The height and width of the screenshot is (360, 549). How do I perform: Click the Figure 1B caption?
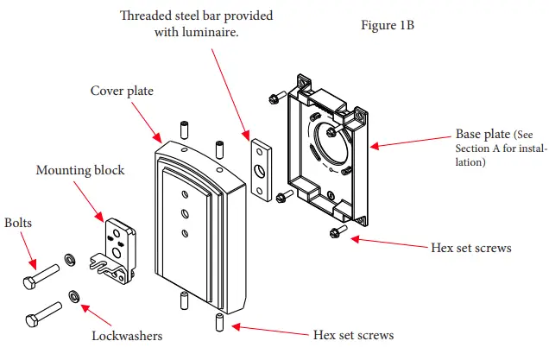[x=388, y=25]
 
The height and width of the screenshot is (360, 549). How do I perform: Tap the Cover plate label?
[x=122, y=91]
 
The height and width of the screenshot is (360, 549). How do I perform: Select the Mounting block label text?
[x=80, y=170]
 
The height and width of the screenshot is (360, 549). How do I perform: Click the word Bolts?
[x=18, y=223]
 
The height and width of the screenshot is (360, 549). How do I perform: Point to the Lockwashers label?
[x=127, y=336]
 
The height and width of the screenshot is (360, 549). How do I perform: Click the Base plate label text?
[x=501, y=148]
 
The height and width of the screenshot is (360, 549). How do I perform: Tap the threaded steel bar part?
[x=262, y=170]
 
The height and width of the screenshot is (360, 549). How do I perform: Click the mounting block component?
[x=113, y=251]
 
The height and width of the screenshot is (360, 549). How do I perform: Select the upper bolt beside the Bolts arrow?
[x=41, y=276]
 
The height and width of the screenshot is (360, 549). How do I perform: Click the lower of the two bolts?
[x=44, y=314]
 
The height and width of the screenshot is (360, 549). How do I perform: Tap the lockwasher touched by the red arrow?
[x=74, y=297]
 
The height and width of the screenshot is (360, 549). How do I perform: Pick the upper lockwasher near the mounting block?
[x=70, y=260]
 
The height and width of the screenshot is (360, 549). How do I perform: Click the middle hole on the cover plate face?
[x=185, y=213]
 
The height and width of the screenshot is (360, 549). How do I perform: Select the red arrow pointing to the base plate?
[x=411, y=142]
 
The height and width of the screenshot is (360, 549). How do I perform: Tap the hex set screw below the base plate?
[x=338, y=231]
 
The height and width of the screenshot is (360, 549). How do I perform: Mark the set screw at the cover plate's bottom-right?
[x=219, y=322]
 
